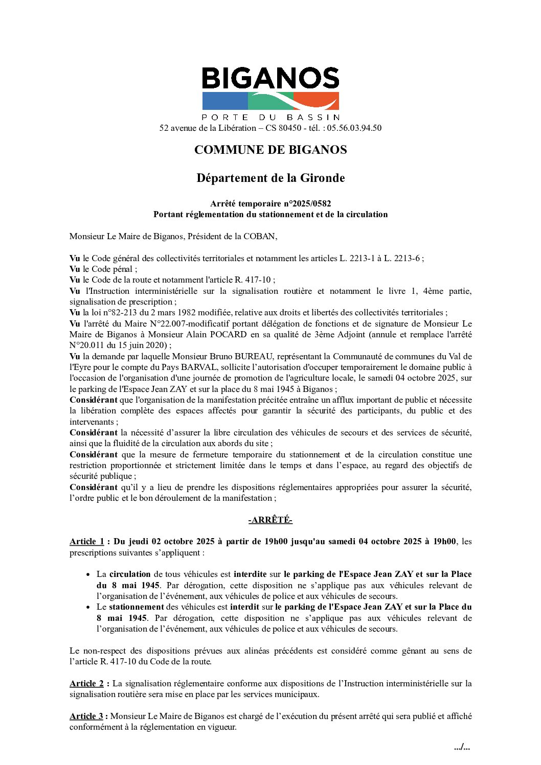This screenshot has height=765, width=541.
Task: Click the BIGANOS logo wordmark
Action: (x=270, y=79)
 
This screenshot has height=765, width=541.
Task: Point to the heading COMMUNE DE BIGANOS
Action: (x=270, y=150)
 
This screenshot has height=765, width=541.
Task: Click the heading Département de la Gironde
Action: (x=270, y=178)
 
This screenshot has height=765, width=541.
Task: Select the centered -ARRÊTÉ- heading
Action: (x=270, y=520)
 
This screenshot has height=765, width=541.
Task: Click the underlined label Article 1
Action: (x=86, y=542)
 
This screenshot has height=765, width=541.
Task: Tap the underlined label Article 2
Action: (x=86, y=683)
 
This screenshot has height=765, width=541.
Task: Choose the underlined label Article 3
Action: (x=86, y=716)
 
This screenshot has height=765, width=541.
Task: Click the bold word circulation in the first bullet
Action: (x=130, y=574)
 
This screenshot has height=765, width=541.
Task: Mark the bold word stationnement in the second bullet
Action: (x=136, y=607)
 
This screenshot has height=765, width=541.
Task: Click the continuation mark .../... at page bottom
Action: (x=462, y=748)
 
